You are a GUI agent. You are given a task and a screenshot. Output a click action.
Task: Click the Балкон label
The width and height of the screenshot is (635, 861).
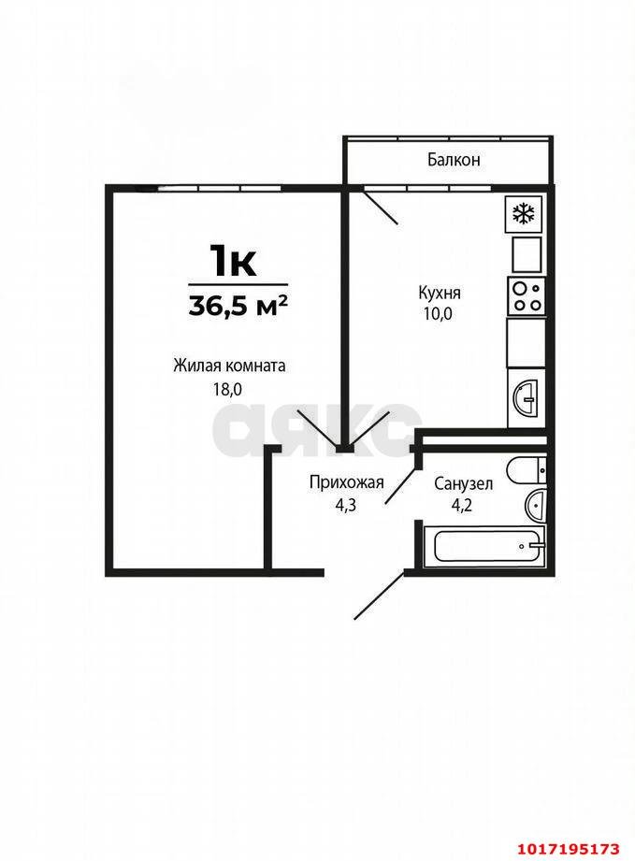(x=454, y=160)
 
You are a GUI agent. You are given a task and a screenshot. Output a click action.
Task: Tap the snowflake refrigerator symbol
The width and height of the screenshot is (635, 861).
(x=524, y=213)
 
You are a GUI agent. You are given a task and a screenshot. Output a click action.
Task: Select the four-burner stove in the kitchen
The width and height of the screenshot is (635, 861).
(x=527, y=296)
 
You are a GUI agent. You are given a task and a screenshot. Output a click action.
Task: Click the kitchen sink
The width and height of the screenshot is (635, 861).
(x=527, y=397)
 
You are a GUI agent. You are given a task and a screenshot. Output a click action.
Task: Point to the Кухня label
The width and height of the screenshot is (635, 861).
(x=439, y=293)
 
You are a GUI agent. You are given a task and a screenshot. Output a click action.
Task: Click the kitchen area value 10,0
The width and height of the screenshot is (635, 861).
(x=438, y=314)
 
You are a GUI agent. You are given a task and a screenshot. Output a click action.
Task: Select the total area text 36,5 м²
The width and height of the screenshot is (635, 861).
(x=238, y=306)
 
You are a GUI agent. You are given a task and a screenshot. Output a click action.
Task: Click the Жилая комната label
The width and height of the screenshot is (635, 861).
(x=229, y=366)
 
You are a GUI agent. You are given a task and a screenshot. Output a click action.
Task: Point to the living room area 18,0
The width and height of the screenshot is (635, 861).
(x=227, y=389)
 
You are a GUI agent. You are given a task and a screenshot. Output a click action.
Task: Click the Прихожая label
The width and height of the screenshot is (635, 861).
(x=346, y=483)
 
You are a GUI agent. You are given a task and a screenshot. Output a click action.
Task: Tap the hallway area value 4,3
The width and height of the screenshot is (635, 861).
(x=346, y=505)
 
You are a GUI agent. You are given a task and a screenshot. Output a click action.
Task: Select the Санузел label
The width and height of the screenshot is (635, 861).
(x=463, y=483)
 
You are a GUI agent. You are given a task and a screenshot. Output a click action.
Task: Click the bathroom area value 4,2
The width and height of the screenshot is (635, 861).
(x=461, y=505)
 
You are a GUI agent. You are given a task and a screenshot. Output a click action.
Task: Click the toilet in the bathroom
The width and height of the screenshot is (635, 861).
(x=527, y=470)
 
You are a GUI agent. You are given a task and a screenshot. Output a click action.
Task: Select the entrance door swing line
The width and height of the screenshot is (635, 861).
(x=381, y=596)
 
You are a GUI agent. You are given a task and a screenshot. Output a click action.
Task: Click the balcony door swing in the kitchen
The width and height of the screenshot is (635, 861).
(x=381, y=206)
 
